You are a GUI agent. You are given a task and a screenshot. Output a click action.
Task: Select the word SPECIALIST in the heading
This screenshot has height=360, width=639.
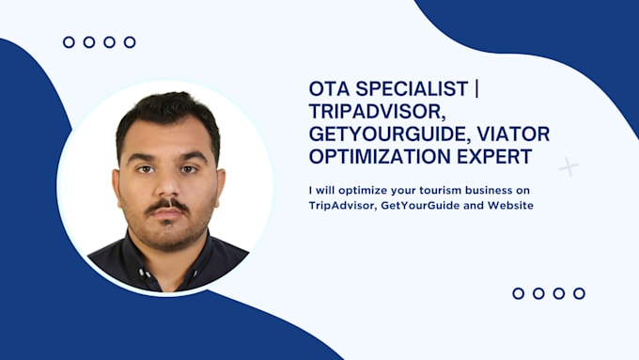tap(412, 89)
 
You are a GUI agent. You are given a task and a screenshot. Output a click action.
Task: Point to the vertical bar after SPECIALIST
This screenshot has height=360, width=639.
tap(476, 89)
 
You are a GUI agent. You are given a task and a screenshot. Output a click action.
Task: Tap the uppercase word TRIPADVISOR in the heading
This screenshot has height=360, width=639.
tap(376, 112)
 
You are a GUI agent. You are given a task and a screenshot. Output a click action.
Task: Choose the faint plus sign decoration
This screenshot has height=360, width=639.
tap(569, 166)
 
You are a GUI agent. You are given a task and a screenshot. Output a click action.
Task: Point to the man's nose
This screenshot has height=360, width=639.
tap(168, 185)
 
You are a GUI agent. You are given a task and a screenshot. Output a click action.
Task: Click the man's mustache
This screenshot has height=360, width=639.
tap(167, 204)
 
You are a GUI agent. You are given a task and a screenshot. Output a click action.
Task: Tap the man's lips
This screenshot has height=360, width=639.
tap(167, 213)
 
